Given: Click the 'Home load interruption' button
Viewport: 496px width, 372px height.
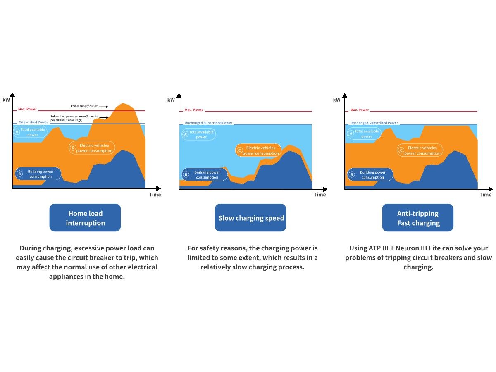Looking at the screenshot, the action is coord(85,217).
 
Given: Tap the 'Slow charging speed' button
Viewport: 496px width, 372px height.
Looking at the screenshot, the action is coord(250,217).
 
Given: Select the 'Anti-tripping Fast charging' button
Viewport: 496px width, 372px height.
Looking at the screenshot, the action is coord(417,217).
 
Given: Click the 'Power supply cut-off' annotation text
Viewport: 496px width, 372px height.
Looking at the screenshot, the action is coord(84,106).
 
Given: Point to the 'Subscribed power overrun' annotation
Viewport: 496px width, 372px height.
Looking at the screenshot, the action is coord(74,118).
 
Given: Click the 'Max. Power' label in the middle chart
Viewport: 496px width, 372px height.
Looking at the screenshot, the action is coord(194,110).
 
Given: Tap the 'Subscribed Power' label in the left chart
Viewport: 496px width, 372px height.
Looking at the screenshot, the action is coord(33,122).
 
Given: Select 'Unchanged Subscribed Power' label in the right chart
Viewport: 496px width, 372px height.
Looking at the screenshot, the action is coord(374,123).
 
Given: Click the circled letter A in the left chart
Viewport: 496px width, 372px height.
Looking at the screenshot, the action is coord(17,132).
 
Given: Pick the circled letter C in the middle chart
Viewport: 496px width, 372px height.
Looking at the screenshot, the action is coord(239,150).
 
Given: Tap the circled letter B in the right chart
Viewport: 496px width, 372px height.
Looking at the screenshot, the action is coord(351,174).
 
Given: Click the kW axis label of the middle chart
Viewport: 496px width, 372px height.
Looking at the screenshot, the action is coord(171,100).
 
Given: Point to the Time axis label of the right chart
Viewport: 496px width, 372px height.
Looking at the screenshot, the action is coord(485,195).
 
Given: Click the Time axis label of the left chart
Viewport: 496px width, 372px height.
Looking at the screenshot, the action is coord(155,195).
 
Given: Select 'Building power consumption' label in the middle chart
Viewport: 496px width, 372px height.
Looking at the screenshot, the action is coord(207,174).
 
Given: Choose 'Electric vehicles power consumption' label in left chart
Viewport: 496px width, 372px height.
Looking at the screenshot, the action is coord(94,148).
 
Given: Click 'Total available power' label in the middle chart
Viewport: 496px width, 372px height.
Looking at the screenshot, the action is coord(201,134).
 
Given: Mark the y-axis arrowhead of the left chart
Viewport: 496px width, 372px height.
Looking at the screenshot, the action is coord(13,95).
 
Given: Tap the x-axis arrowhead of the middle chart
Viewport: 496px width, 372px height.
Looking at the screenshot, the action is coord(325,189).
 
